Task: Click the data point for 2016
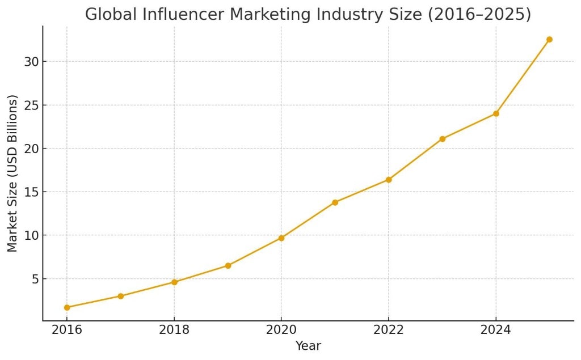click(67, 307)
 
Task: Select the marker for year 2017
click(121, 296)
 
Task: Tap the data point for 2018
click(174, 282)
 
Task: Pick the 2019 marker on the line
click(228, 265)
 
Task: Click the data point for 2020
click(281, 238)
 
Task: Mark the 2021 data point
click(335, 202)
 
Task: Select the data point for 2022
click(389, 180)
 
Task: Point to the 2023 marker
click(443, 139)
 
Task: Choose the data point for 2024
click(496, 113)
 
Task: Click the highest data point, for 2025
click(549, 40)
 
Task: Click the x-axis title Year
click(308, 346)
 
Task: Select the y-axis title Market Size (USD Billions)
click(12, 173)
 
